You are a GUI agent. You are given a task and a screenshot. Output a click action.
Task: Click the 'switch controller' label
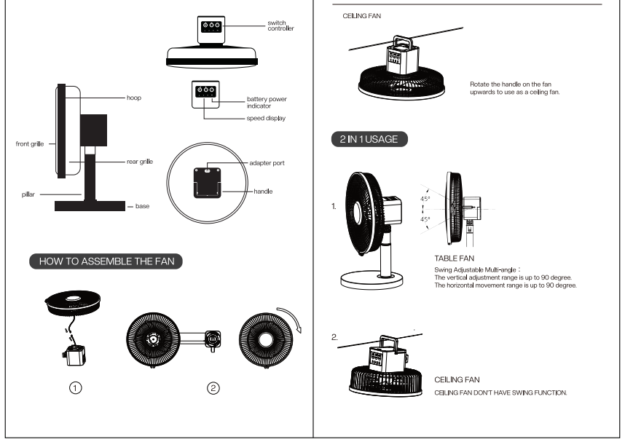click(280, 25)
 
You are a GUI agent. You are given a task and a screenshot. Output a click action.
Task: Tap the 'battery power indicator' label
click(267, 103)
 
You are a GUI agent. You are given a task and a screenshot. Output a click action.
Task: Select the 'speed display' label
click(266, 119)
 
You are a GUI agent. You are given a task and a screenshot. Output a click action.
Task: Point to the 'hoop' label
click(134, 98)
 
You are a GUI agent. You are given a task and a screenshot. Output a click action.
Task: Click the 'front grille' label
click(30, 144)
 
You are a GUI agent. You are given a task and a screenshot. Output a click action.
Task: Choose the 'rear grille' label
click(140, 162)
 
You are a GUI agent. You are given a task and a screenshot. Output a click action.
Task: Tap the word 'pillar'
click(28, 194)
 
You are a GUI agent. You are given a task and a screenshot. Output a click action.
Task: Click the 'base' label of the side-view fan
click(142, 206)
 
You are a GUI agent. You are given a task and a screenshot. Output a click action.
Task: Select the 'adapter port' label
click(267, 163)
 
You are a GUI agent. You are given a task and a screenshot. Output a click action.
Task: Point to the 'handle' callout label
click(263, 192)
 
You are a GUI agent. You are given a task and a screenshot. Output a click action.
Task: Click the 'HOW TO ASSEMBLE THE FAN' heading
click(106, 261)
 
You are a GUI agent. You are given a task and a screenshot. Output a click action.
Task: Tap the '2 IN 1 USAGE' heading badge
click(369, 139)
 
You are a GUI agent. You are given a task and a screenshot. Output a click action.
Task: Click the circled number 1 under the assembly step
click(75, 388)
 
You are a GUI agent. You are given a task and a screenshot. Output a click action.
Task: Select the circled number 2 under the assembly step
click(213, 388)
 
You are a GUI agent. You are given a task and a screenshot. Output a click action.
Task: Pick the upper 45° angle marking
click(425, 199)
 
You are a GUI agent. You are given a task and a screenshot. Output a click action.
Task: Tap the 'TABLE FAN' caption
click(454, 259)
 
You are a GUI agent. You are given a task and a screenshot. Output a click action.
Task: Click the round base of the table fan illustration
click(372, 280)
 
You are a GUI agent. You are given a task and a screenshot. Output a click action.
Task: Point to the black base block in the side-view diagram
click(90, 205)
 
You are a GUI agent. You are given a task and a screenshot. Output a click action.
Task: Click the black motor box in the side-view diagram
click(94, 130)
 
